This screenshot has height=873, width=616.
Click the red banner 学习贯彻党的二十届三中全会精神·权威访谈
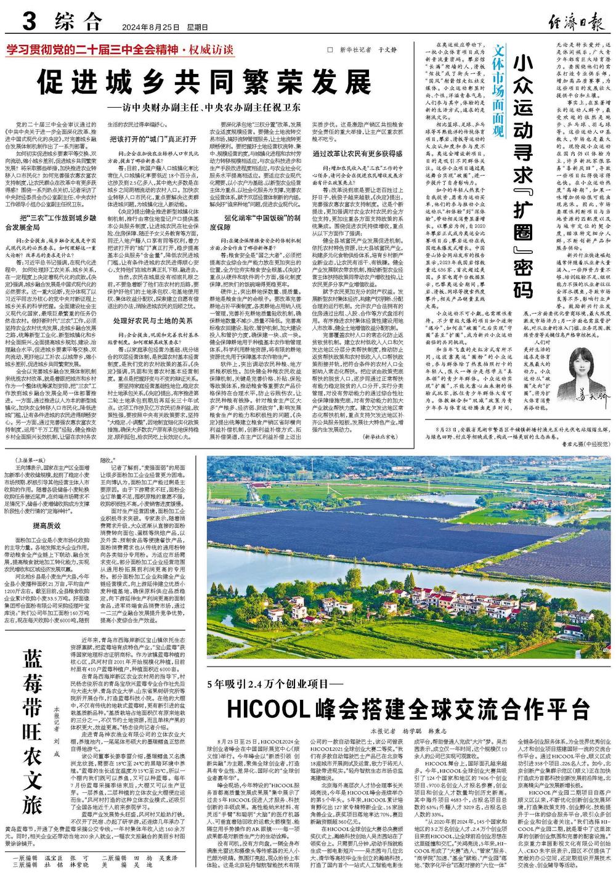click(120, 50)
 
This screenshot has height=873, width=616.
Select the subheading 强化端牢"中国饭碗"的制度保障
click(262, 221)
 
